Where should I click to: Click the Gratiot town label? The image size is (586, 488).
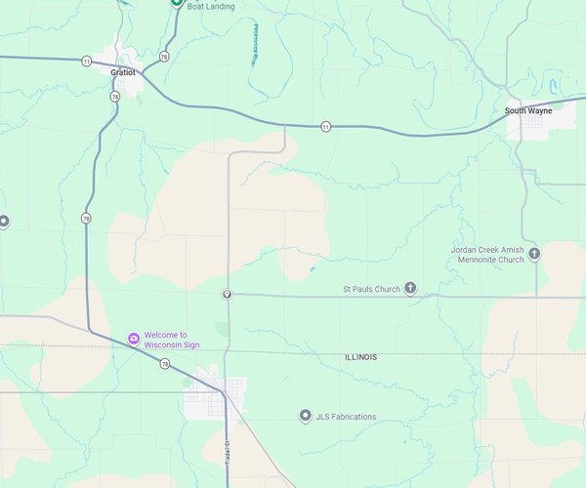(x=124, y=72)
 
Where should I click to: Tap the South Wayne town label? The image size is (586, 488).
(x=528, y=111)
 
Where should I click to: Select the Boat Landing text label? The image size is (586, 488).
(x=209, y=6)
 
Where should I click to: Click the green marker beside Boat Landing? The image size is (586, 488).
(x=176, y=3)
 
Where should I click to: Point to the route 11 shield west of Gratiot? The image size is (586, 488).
(x=87, y=61)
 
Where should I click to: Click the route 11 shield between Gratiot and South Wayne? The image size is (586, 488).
(x=323, y=126)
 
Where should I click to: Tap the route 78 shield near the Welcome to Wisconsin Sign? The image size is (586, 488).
(x=165, y=364)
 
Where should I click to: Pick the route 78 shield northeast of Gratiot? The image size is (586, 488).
(x=164, y=57)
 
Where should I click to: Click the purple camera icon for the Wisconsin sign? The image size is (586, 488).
(x=133, y=340)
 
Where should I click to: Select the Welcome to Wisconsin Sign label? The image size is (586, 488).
(x=166, y=340)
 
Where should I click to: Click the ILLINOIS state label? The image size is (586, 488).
(x=361, y=357)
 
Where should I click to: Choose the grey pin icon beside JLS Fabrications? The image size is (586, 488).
(x=305, y=417)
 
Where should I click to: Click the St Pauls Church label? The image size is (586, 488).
(x=371, y=289)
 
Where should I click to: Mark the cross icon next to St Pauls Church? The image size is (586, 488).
(x=410, y=288)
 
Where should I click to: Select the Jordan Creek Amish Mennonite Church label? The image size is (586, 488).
(x=487, y=255)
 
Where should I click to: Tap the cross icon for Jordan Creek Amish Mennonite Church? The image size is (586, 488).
(x=534, y=254)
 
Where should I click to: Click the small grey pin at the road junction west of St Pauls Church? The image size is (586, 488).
(x=227, y=294)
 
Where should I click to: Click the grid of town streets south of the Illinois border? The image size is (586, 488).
(x=204, y=396)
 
